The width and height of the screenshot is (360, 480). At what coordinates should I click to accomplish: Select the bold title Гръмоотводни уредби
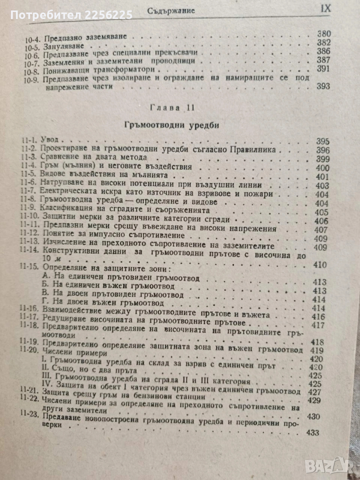(x=178, y=124)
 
